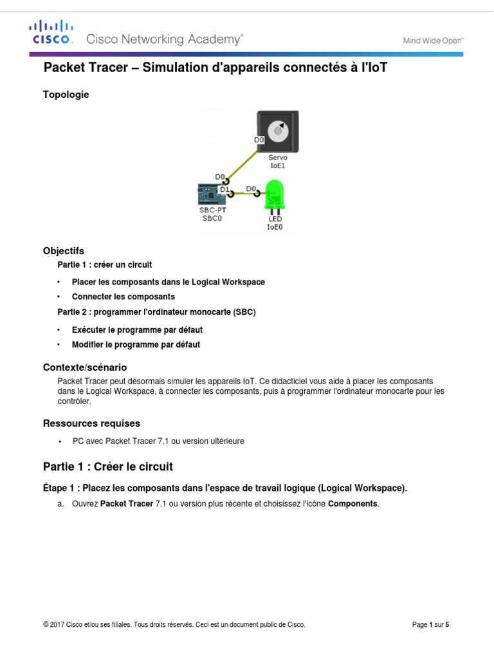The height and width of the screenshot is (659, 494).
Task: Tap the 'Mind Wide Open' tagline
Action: [434, 40]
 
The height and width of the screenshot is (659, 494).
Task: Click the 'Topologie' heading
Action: [66, 95]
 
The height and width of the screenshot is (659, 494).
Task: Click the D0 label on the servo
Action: [260, 138]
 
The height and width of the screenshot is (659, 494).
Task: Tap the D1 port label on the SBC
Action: [224, 190]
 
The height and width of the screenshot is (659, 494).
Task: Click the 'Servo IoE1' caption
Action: [278, 161]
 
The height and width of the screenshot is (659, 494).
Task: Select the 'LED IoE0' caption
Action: [275, 223]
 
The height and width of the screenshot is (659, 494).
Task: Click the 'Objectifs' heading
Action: [64, 251]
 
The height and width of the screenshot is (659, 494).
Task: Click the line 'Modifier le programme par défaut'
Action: [136, 345]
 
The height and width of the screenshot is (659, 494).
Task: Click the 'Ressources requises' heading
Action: [91, 423]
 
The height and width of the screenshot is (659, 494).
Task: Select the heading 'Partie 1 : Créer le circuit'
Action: [107, 467]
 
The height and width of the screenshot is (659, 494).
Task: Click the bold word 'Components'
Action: [353, 504]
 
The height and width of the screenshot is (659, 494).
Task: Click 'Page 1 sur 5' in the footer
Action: [430, 625]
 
